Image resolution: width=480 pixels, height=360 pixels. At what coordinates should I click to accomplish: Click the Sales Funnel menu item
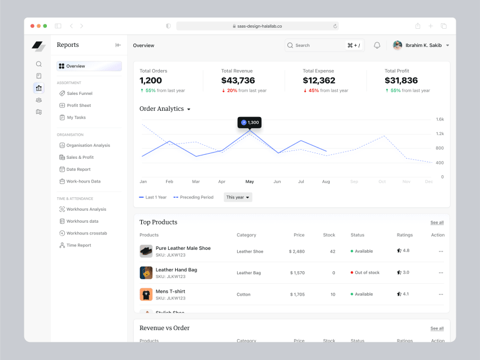[x=79, y=93]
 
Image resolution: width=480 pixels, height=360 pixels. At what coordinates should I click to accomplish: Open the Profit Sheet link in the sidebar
[x=78, y=106]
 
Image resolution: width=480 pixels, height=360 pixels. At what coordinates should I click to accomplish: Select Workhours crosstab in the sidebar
[x=86, y=233]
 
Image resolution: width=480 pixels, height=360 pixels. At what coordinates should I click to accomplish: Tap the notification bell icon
[x=377, y=45]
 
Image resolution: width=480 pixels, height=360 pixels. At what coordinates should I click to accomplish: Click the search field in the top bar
[x=316, y=45]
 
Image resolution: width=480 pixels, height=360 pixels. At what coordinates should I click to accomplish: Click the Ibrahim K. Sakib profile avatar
[x=398, y=45]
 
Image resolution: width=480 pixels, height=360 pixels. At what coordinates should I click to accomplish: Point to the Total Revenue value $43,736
[x=238, y=81]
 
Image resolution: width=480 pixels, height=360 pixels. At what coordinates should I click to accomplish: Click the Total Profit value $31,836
[x=401, y=81]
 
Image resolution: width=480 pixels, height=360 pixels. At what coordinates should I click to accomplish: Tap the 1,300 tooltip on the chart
[x=250, y=123]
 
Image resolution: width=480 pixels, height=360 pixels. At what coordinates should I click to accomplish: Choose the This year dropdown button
[x=238, y=197]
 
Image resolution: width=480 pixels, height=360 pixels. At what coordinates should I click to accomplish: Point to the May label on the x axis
[x=250, y=182]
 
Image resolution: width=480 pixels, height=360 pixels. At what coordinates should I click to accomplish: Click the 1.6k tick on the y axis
[x=440, y=120]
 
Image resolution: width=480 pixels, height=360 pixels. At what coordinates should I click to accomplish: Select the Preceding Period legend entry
[x=194, y=197]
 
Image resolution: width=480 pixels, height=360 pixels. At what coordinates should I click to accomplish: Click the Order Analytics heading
[x=162, y=109]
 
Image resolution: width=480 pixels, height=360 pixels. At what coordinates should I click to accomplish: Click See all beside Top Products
[x=437, y=223]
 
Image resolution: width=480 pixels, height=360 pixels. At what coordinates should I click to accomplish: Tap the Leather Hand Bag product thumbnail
[x=146, y=273]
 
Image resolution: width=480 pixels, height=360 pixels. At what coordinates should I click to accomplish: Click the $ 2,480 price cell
[x=296, y=251]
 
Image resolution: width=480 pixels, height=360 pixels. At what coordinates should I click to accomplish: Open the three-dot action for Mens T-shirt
[x=441, y=294]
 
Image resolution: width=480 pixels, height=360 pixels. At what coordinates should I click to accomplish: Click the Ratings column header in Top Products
[x=405, y=235]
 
